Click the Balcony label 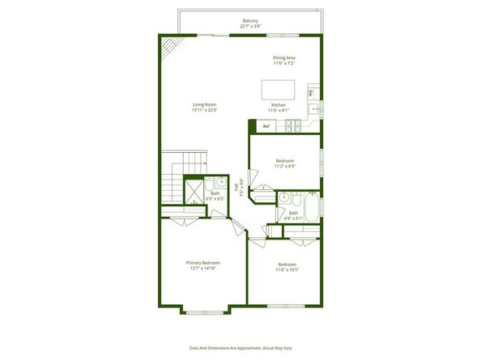coord(251,20)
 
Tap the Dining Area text coord(283,58)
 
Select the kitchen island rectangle coord(279,89)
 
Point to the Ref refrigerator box coord(266,126)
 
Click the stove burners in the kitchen coord(293,126)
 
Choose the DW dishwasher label coord(310,92)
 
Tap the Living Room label coord(205,105)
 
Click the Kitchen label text coord(279,105)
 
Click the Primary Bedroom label coord(203,263)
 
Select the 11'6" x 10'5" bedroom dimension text coord(287,270)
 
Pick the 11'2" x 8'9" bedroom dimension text coord(284,166)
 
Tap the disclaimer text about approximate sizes coord(240,348)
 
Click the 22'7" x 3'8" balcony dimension coord(251,26)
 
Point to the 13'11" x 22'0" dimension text coord(205,111)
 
